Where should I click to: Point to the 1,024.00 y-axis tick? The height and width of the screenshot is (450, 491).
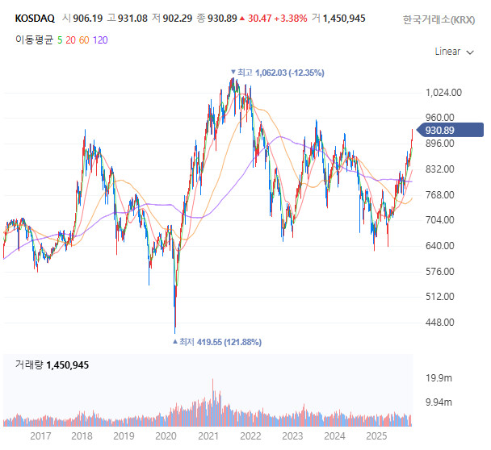443,92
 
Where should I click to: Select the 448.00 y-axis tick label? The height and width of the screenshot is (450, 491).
441,323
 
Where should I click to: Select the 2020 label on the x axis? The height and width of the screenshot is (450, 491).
166,435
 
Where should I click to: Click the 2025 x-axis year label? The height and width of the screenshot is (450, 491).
376,435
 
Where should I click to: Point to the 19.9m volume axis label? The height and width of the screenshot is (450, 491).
438,377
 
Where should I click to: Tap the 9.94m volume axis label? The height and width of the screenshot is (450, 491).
438,402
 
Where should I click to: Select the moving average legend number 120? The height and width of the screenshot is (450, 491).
100,39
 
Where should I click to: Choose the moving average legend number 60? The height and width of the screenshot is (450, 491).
83,39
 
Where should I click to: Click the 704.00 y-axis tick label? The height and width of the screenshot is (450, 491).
441,220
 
